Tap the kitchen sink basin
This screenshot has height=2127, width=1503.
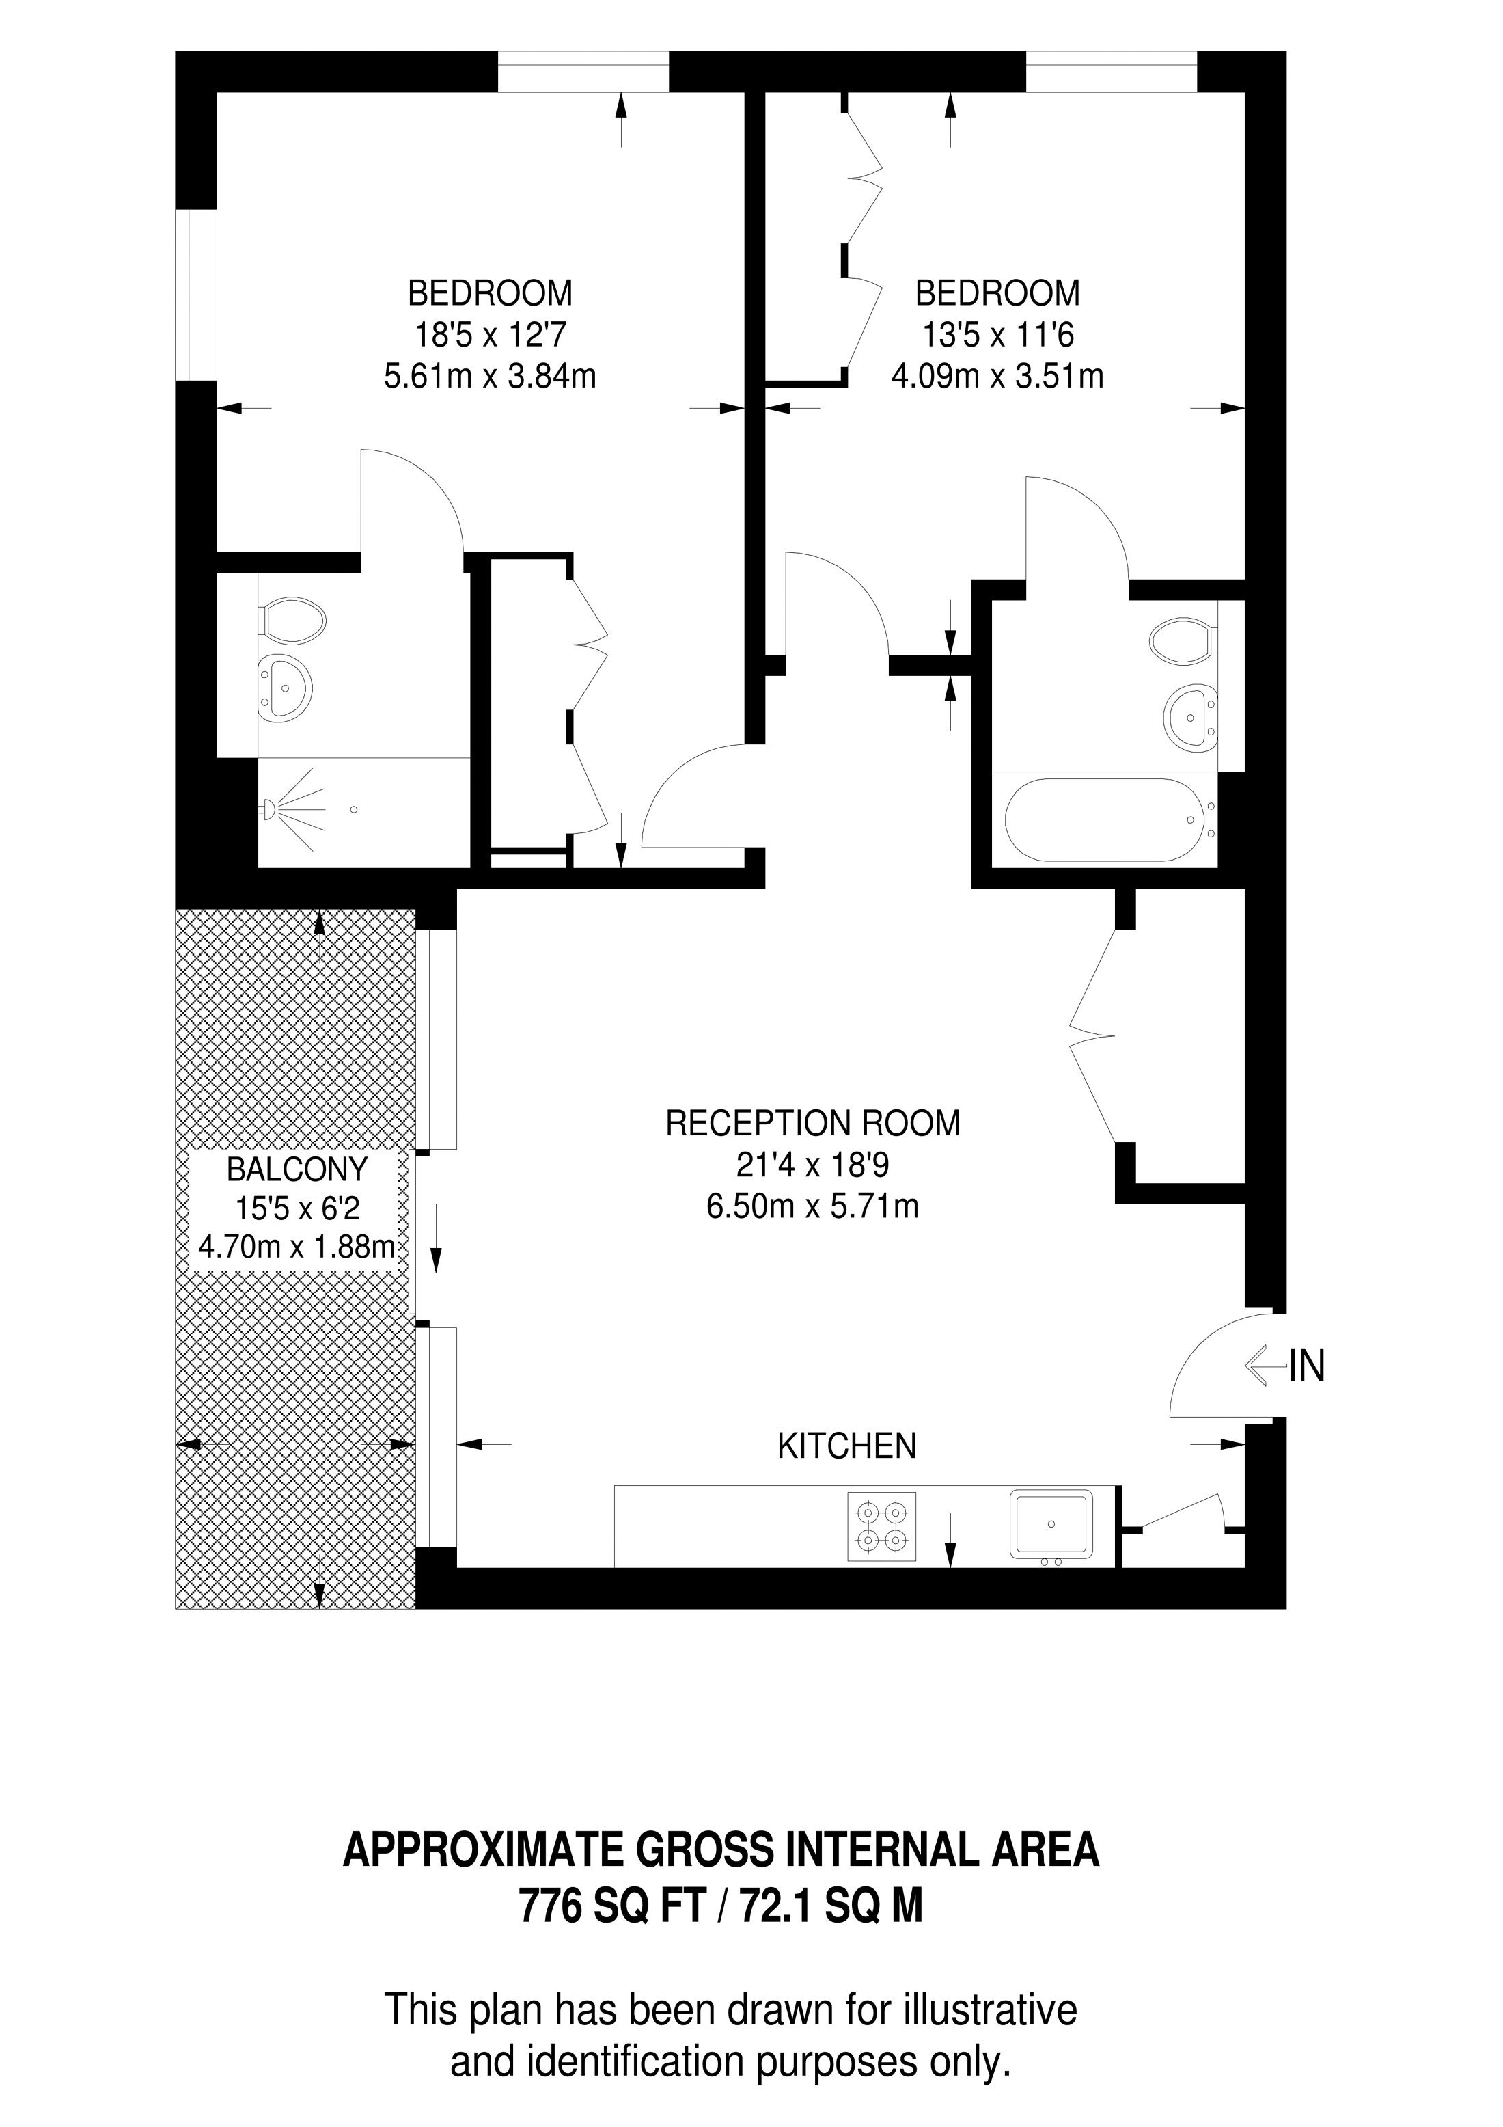(1051, 1524)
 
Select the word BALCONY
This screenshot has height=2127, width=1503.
(297, 1170)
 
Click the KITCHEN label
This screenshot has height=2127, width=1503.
(846, 1446)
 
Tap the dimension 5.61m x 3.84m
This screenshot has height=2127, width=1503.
(490, 376)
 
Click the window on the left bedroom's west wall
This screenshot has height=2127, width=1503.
(196, 295)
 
